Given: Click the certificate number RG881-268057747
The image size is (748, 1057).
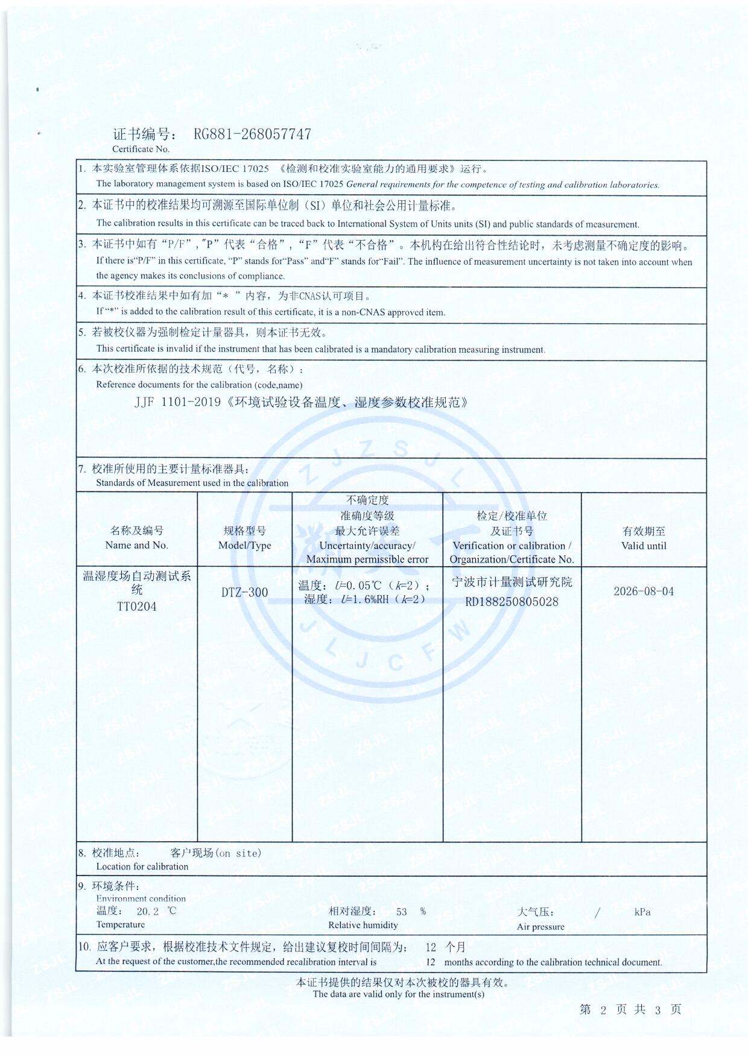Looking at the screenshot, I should coord(252,134).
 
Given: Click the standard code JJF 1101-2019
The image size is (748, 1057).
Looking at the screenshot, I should coord(178,402).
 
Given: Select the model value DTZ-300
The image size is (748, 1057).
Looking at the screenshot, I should coord(244,592).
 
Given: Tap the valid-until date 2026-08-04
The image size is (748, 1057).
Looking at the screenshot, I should coord(644,592).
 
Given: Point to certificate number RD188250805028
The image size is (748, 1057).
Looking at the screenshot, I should coord(512,602).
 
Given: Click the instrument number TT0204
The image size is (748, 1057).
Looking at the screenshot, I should coord(137,607).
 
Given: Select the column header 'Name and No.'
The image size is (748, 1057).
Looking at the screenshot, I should coord(136,545).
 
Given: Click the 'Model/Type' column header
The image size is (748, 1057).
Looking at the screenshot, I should coord(244,545).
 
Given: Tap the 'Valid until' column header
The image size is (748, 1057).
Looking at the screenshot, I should coord(644,546).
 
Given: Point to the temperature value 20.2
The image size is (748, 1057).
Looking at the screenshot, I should coord(148,912).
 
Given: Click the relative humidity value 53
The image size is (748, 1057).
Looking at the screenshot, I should coord(402,912).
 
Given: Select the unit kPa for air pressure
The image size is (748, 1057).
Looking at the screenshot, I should coord(642,912).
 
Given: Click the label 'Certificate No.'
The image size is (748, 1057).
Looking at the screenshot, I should coord(141,149).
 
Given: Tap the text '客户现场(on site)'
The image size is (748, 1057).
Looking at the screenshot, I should coord(216,853).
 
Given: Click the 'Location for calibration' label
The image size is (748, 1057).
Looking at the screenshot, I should coord(142,866).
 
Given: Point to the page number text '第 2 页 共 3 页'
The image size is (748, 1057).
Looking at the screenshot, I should coord(630,1010).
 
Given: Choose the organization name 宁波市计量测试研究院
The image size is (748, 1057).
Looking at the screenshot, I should coord(512,582).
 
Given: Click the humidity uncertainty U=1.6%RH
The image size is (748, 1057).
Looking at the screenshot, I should coord(364,599).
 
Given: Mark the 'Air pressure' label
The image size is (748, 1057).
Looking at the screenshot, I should coord(540,927).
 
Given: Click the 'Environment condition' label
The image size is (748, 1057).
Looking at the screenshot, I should coord(141,898).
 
